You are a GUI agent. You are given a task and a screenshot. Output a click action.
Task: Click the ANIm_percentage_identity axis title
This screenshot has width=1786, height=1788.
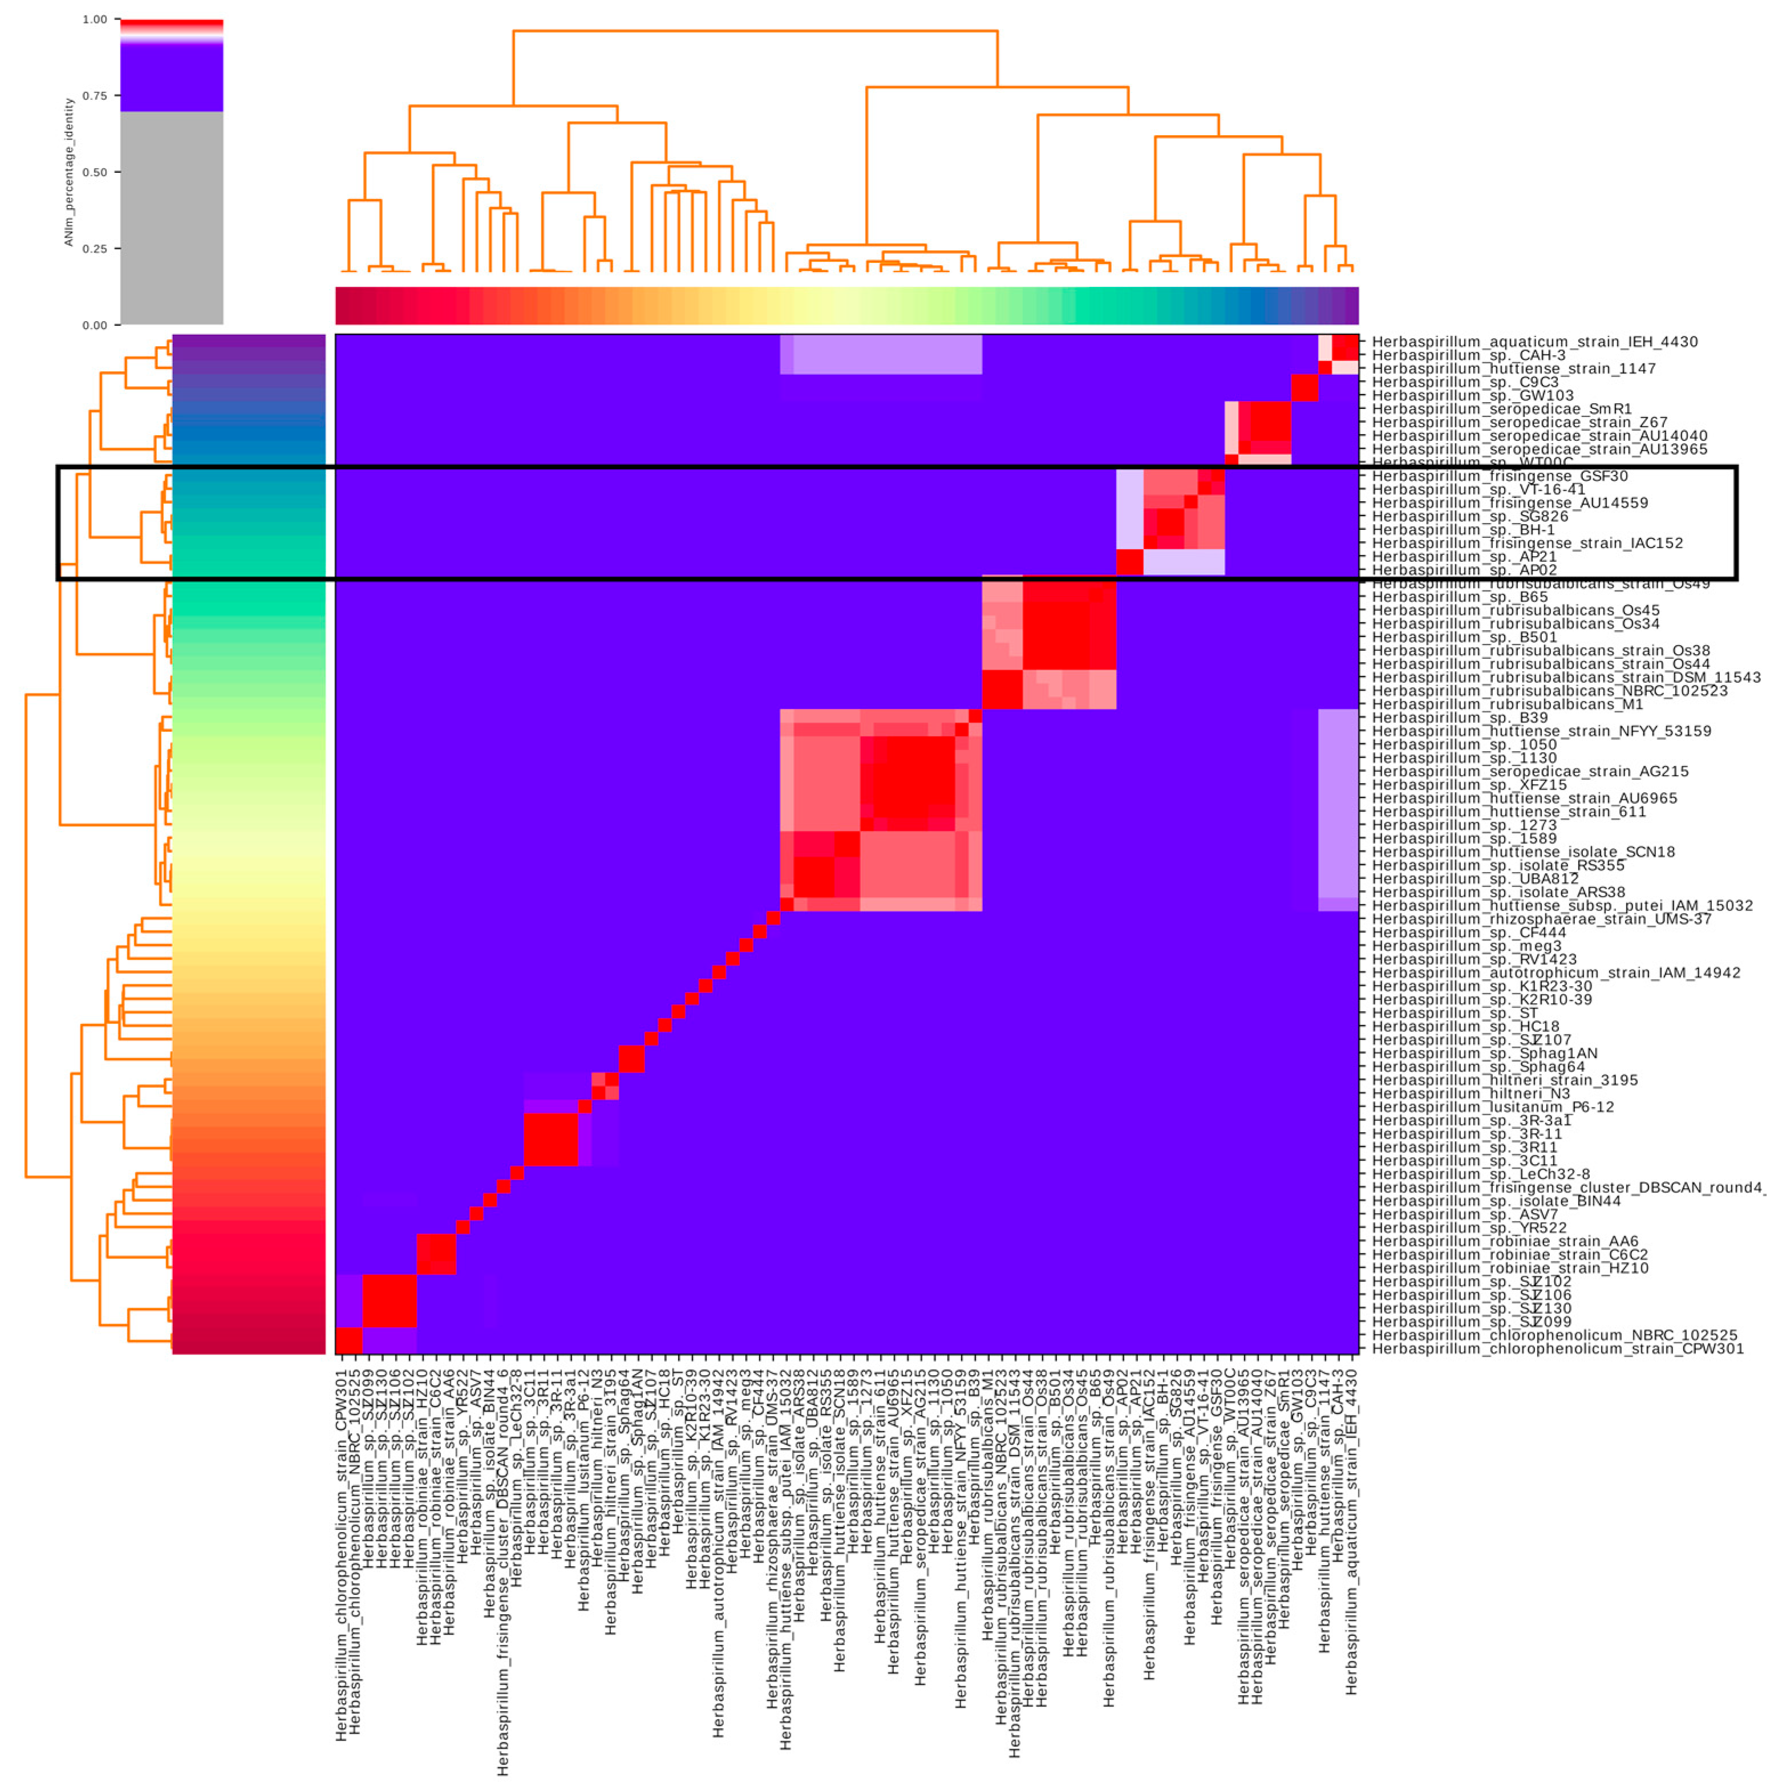[x=68, y=172]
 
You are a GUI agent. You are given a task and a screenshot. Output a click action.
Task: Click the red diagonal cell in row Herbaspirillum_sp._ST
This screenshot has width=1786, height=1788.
[x=678, y=1012]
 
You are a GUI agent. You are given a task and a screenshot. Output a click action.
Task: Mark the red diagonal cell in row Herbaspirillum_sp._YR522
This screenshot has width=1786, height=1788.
[x=463, y=1227]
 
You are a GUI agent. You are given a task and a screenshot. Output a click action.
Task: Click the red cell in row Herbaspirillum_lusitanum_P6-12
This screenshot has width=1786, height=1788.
[x=584, y=1107]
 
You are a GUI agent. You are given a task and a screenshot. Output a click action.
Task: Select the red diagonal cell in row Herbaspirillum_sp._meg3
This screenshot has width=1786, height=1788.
[x=746, y=946]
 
